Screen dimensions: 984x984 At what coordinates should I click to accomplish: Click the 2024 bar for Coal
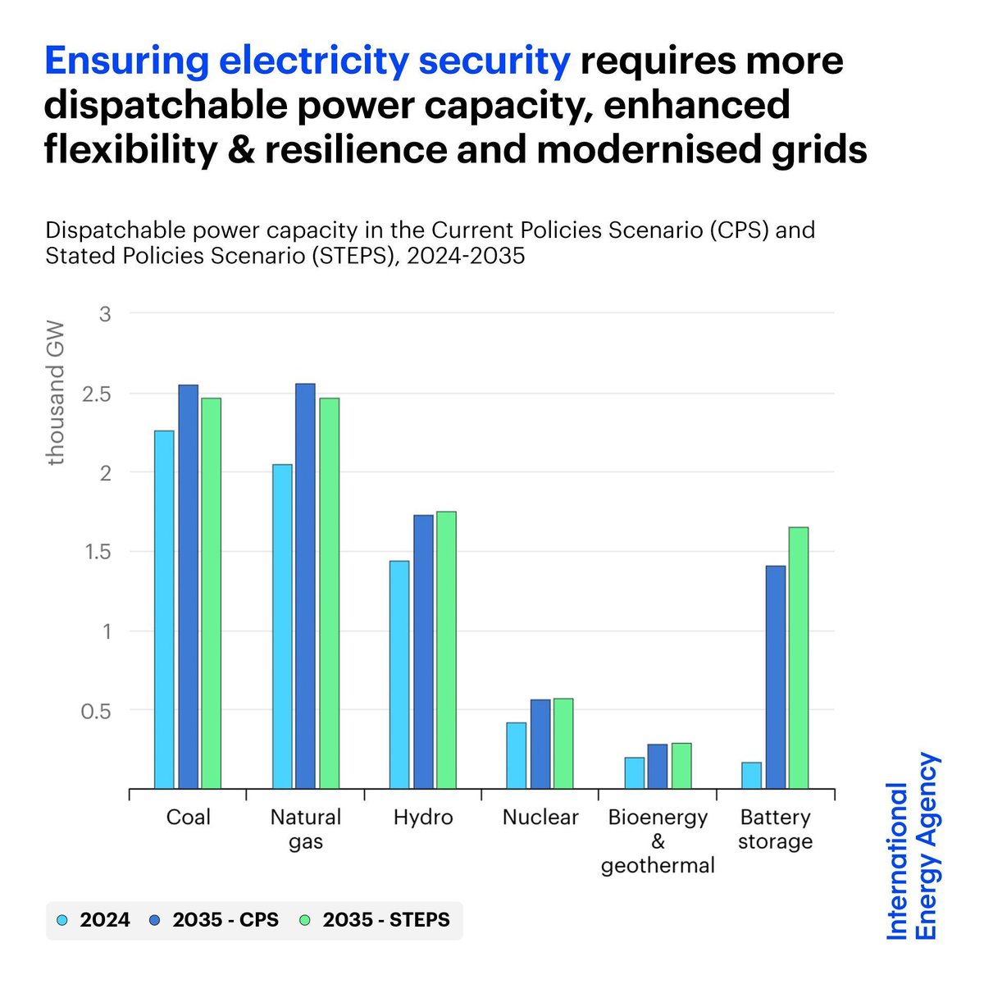point(164,610)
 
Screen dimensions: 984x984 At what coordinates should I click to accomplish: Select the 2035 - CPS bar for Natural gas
point(305,586)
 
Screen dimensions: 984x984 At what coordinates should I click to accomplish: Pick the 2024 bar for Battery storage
point(751,776)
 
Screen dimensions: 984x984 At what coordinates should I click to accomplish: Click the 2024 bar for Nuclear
point(517,755)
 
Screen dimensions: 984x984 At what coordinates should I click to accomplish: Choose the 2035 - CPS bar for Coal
point(189,587)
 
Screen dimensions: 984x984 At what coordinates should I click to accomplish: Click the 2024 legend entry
point(95,920)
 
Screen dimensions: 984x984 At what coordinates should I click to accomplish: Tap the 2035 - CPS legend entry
point(215,920)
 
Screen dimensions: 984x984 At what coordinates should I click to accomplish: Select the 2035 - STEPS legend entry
point(376,920)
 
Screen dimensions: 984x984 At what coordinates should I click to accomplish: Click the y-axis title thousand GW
point(56,394)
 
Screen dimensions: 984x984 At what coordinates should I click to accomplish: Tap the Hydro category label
point(423,818)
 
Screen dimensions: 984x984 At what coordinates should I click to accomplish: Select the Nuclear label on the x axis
point(540,818)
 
